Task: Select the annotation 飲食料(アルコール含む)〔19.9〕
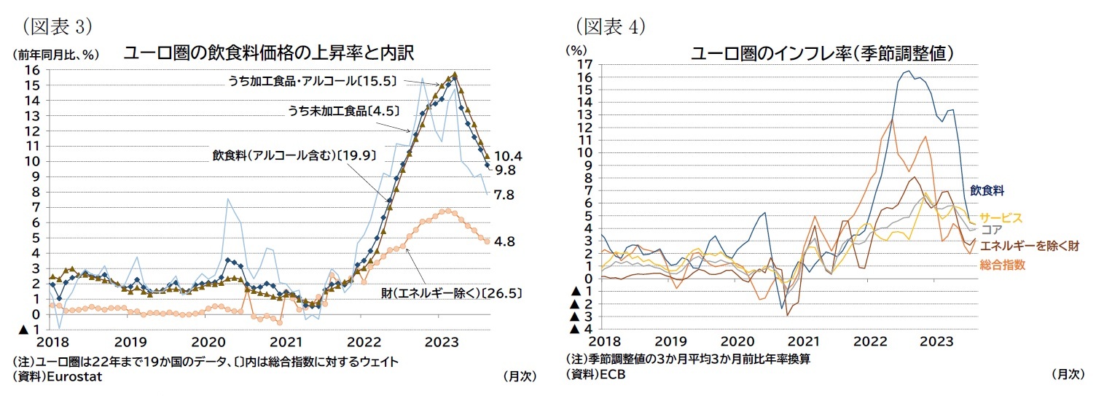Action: point(283,155)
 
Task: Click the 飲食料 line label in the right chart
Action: point(987,190)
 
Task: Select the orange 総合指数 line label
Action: point(1002,265)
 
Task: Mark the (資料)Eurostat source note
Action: point(58,376)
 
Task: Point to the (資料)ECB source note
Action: point(595,373)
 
